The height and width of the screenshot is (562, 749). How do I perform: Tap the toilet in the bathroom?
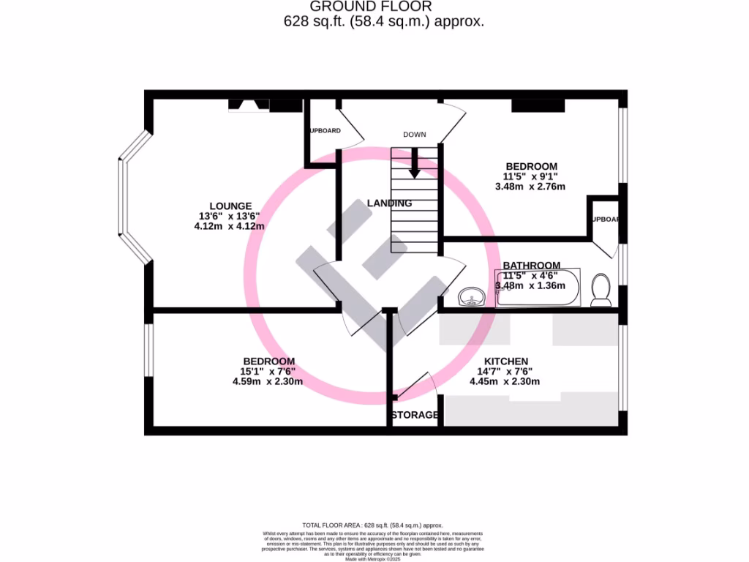click(602, 290)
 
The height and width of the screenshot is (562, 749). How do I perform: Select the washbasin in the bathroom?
click(472, 296)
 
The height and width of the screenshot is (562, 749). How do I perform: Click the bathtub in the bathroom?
click(538, 288)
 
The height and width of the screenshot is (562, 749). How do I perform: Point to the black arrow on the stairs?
click(414, 164)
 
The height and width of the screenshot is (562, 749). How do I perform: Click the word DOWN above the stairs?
click(415, 135)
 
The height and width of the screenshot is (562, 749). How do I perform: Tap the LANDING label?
click(389, 203)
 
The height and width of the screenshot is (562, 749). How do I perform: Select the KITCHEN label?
click(505, 361)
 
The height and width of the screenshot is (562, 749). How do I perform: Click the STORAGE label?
click(415, 415)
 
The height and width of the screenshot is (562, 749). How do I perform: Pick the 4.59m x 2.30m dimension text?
click(268, 381)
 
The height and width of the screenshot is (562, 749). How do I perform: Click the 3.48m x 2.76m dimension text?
click(530, 187)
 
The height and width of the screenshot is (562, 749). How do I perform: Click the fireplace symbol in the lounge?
click(249, 106)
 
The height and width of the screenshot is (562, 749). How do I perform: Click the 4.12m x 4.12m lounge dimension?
click(229, 226)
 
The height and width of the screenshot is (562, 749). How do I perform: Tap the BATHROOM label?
click(531, 266)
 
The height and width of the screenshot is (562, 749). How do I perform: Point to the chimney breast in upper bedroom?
click(538, 106)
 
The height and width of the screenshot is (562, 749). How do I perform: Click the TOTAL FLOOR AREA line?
click(373, 525)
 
